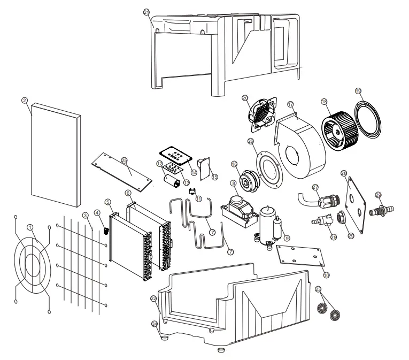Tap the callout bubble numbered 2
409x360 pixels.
[24, 99]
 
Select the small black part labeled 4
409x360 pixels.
[105, 231]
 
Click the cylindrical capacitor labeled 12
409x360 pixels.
[172, 180]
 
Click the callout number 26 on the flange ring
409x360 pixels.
[250, 141]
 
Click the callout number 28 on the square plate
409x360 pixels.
[344, 173]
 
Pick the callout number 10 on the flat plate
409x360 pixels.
[326, 275]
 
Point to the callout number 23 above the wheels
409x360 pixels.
[319, 289]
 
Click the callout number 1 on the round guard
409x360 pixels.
[31, 227]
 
